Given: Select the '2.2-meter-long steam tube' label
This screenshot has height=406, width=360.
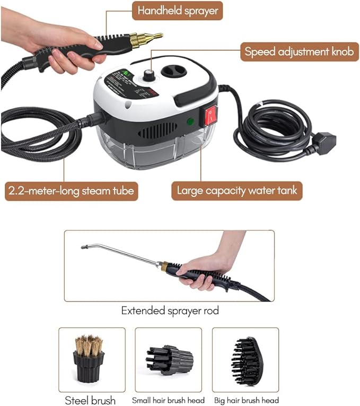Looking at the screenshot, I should (x=71, y=190).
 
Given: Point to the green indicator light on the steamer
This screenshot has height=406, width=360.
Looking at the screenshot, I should (x=189, y=122).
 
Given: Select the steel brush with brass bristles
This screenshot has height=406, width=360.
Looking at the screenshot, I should (x=89, y=358).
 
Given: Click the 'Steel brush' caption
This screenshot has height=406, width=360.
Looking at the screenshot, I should (x=90, y=400).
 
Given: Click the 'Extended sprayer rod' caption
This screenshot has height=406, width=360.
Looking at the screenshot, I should (x=170, y=310).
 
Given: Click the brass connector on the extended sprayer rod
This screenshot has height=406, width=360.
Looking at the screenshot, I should (x=165, y=265).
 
